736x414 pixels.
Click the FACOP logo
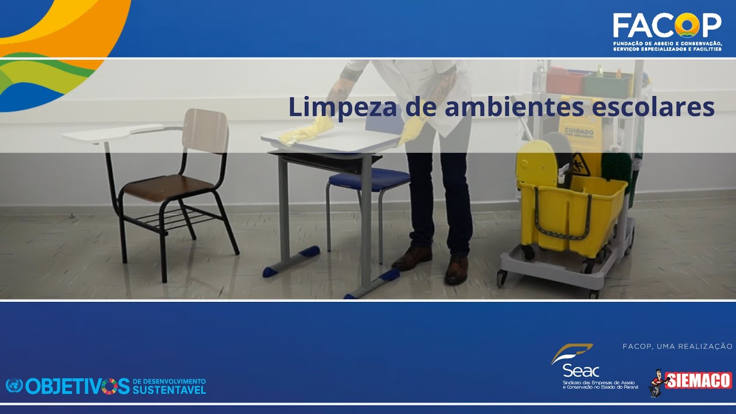coord(666,26)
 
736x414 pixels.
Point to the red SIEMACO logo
coord(697,381)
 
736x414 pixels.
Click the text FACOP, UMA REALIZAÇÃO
coord(677,347)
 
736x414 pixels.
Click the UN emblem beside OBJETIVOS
coord(14,386)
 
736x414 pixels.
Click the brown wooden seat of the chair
coord(167,186)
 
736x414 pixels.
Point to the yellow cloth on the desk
coord(305,132)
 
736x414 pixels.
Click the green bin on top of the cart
coord(608,84)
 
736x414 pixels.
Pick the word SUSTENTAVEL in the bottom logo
coord(168,390)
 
